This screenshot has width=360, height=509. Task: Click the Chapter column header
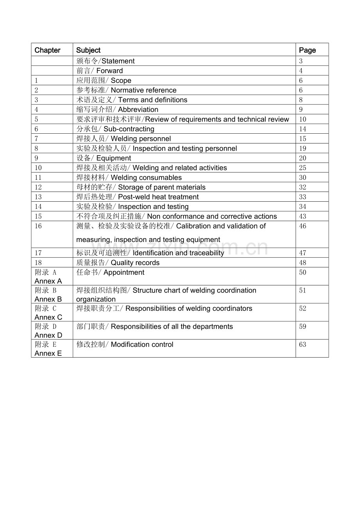[x=47, y=50]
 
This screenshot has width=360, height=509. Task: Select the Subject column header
[x=88, y=50]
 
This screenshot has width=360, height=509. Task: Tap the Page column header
[x=307, y=50]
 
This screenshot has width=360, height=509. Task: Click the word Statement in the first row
[x=118, y=61]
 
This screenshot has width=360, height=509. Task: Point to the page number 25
[x=302, y=168]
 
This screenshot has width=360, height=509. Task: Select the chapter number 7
[x=36, y=139]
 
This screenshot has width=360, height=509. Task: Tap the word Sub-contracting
[x=129, y=129]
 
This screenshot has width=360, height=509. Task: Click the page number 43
[x=302, y=216]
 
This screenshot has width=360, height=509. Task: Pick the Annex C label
[x=48, y=317]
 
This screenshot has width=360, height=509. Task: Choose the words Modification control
[x=142, y=344]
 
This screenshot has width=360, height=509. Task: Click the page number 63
[x=302, y=344]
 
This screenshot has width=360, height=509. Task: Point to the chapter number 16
[x=38, y=226]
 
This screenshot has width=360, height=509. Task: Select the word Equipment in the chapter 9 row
[x=113, y=158]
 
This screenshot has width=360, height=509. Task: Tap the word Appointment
[x=124, y=272]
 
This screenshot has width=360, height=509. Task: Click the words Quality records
[x=135, y=263]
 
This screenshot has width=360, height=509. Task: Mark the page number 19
[x=302, y=149]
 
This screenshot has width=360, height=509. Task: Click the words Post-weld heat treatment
[x=158, y=197]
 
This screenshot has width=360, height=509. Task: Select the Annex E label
[x=48, y=353]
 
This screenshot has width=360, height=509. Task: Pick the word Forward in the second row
[x=110, y=71]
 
